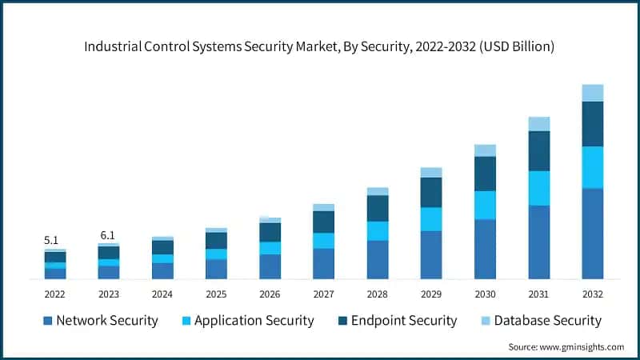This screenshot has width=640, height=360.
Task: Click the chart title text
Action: [320, 47]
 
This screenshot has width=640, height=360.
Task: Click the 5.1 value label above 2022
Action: [50, 239]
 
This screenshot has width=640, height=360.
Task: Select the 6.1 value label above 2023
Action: [108, 235]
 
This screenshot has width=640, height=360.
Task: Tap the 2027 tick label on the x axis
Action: [323, 294]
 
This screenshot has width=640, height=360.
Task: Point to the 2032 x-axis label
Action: [592, 294]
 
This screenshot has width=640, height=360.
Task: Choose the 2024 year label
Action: [162, 294]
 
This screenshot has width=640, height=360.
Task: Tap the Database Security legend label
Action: [547, 321]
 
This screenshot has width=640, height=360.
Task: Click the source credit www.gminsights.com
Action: [566, 346]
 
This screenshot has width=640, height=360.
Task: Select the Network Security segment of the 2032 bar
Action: [592, 234]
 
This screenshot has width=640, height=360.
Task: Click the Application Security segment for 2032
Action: [592, 167]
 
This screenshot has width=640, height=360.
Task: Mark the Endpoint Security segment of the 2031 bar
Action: [538, 151]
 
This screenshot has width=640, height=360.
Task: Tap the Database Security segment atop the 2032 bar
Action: [592, 93]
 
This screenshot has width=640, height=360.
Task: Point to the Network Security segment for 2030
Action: [485, 249]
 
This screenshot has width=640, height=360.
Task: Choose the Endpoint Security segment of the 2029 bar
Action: [431, 192]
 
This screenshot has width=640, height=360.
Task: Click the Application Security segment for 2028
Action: [378, 230]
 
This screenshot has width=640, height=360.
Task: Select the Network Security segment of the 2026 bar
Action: [270, 266]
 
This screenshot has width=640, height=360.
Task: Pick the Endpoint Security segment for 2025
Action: [216, 241]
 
